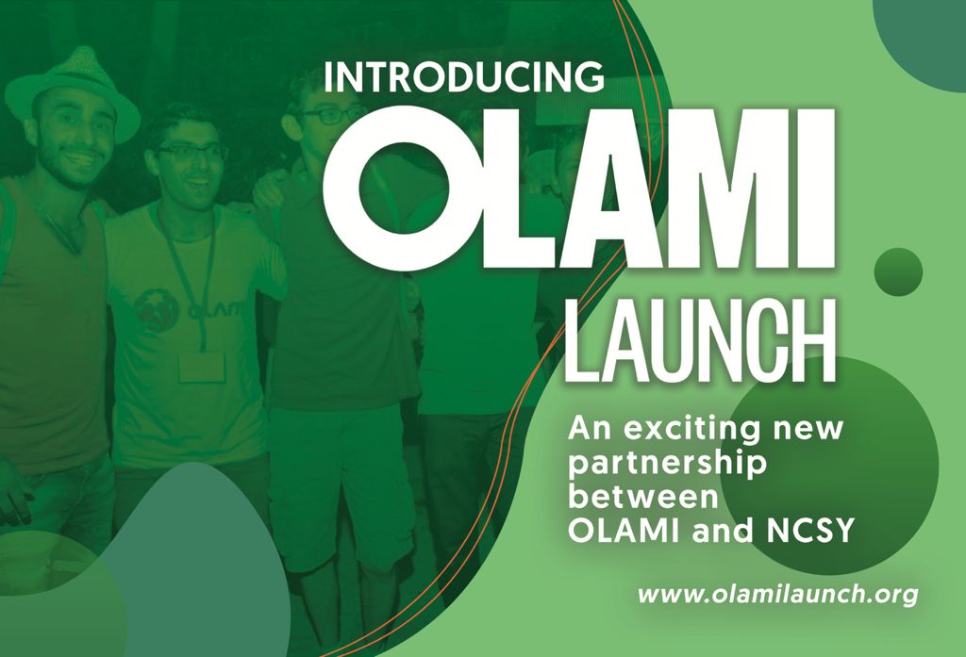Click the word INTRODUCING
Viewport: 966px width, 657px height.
463,76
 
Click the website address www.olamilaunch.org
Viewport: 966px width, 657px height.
777,595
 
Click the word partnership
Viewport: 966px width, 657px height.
667,464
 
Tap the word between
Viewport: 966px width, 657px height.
643,497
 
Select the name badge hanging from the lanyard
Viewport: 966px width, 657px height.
202,367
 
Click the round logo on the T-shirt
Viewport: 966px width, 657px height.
156,311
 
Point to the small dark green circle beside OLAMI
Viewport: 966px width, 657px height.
898,272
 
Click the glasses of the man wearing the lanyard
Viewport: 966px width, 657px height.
192,152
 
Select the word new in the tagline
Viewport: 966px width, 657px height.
808,429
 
